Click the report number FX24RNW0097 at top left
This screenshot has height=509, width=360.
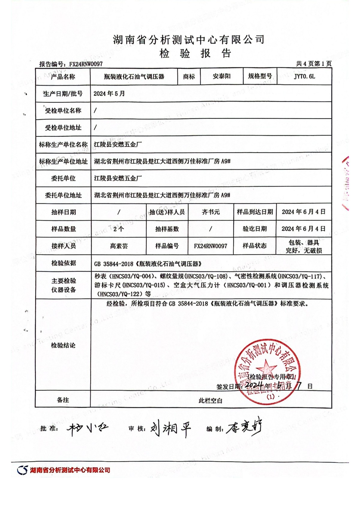(x=86, y=64)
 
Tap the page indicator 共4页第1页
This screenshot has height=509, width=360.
(x=313, y=64)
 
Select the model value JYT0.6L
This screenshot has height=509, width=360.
(x=304, y=76)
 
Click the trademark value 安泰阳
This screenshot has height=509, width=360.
(x=221, y=76)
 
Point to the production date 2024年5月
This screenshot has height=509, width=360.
(x=109, y=94)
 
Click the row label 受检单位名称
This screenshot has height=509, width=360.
(x=63, y=111)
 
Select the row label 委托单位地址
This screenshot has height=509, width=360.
(x=63, y=195)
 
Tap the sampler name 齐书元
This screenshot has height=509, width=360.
(x=211, y=212)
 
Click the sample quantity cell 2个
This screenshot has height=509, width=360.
(x=118, y=229)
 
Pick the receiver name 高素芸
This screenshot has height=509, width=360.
(x=118, y=246)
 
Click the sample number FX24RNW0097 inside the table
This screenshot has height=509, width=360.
(x=211, y=246)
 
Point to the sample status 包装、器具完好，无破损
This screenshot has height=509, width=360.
(x=304, y=246)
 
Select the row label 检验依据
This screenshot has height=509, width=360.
(x=63, y=263)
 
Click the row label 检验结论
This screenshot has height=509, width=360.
(x=63, y=345)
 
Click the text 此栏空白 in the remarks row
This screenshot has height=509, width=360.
(x=211, y=400)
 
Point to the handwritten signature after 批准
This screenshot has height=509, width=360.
(x=87, y=428)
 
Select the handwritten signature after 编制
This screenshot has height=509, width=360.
(x=244, y=428)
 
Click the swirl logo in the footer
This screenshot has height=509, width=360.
(x=22, y=470)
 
